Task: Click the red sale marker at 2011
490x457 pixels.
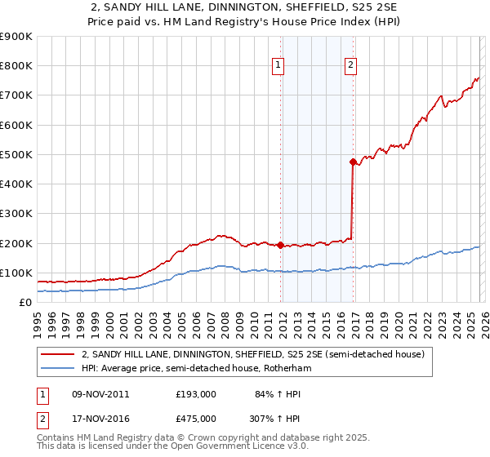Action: (x=280, y=245)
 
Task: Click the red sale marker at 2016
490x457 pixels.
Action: (x=353, y=162)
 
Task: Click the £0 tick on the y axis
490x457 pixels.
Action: (x=24, y=302)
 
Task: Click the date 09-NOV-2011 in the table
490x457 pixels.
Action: (x=100, y=394)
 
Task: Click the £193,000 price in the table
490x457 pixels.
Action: (x=196, y=394)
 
